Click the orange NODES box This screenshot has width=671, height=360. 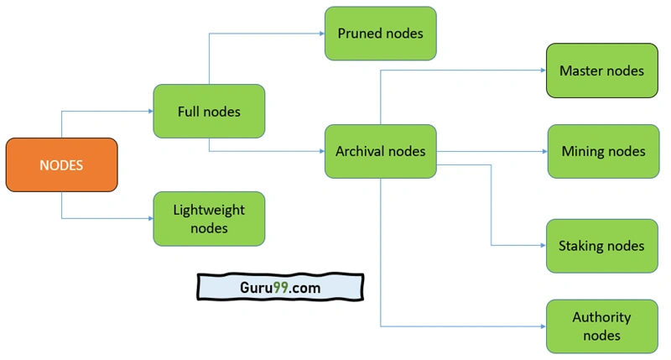[61, 164]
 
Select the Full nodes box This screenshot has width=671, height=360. [209, 111]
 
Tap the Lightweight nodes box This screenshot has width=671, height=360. [209, 218]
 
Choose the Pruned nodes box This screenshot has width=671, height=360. [380, 34]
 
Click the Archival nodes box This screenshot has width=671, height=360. [380, 151]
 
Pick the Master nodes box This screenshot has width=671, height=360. [601, 70]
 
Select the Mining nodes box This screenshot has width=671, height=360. [603, 151]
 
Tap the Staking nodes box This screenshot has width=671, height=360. [601, 246]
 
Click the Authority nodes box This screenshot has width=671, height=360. [601, 326]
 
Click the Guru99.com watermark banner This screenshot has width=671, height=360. [280, 287]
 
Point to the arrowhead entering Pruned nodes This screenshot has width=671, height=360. [320, 34]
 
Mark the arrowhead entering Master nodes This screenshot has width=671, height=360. [542, 70]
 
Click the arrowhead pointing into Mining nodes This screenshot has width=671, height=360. [544, 151]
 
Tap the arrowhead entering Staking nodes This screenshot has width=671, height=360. [542, 246]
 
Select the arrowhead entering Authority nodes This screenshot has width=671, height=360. [542, 326]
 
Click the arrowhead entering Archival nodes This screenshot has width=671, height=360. [320, 151]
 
